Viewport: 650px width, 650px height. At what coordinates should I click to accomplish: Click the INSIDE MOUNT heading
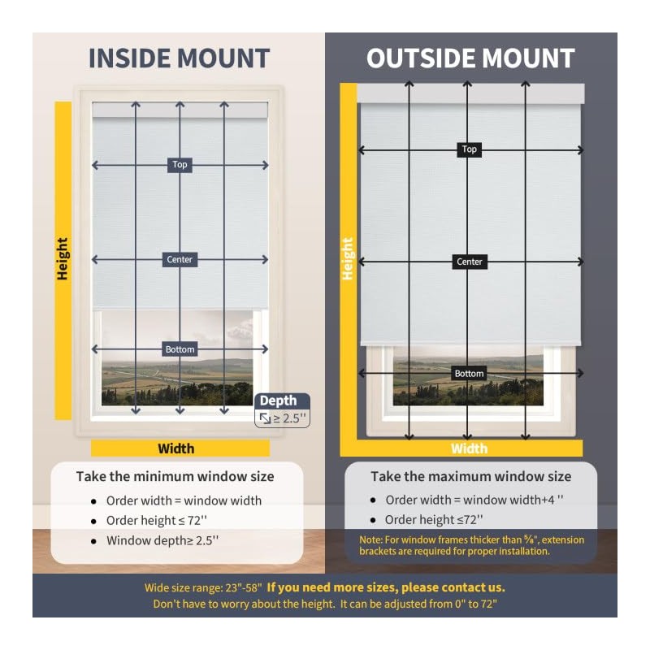click(179, 58)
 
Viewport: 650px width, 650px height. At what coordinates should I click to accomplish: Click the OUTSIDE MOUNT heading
click(470, 58)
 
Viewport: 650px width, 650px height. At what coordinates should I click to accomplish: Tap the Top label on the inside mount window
click(180, 164)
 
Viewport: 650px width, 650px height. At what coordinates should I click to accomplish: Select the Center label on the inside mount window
click(180, 260)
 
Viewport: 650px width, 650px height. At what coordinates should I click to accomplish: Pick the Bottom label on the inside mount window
click(180, 349)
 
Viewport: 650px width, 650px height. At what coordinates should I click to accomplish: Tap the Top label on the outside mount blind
click(469, 149)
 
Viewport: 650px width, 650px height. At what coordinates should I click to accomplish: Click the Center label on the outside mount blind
click(470, 262)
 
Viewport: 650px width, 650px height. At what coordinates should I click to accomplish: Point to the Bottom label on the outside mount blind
click(469, 374)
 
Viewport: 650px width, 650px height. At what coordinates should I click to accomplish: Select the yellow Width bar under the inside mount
click(180, 448)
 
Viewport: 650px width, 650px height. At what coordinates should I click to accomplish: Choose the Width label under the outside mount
click(470, 448)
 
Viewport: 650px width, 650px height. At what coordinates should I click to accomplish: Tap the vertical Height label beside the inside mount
click(63, 259)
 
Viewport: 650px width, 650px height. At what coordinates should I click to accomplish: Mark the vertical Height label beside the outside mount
click(348, 259)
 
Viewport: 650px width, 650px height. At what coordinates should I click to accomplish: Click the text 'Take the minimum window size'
click(175, 477)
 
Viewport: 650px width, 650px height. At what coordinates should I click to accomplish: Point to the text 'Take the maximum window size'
click(471, 477)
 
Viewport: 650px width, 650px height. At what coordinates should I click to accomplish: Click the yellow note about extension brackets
click(471, 545)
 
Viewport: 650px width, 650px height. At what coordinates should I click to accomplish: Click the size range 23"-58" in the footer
click(236, 587)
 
